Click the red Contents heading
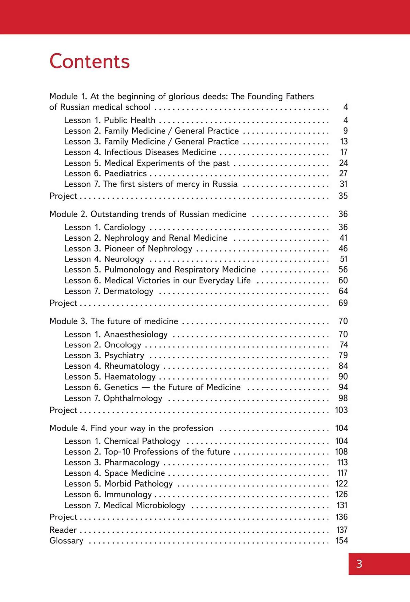89,61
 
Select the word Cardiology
125,227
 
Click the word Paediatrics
125,173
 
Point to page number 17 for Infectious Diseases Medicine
344,152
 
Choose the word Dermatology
128,291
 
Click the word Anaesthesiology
136,334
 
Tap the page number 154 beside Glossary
342,541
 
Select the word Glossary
66,541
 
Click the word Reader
63,530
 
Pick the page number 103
341,410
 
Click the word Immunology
128,494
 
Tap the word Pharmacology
132,462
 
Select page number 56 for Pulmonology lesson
343,269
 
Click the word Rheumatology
132,366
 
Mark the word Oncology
122,345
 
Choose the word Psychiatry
124,355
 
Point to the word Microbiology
161,505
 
